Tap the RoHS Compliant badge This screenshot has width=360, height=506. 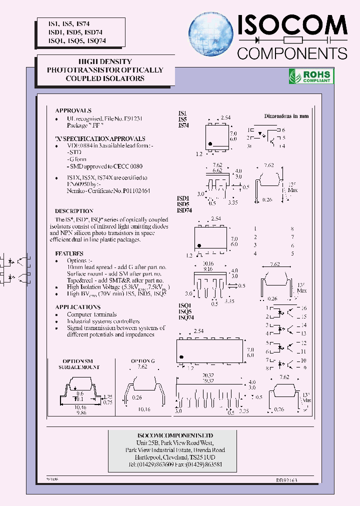(x=311, y=76)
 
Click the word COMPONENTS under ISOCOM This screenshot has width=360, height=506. (x=291, y=53)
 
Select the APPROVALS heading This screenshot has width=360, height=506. (x=73, y=110)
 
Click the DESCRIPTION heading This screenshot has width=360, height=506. (x=74, y=211)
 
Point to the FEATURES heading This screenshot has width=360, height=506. (x=69, y=253)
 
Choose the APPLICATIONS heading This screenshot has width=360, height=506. (x=77, y=307)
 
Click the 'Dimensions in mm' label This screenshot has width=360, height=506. (x=286, y=116)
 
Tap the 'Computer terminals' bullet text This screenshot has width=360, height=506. (x=92, y=314)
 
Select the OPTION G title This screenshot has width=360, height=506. (x=143, y=360)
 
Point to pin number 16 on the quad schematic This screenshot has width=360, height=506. (x=303, y=308)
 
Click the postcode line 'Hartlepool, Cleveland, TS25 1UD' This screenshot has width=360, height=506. (x=175, y=457)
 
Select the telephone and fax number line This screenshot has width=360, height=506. (x=175, y=464)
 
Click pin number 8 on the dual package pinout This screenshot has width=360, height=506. (x=292, y=228)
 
